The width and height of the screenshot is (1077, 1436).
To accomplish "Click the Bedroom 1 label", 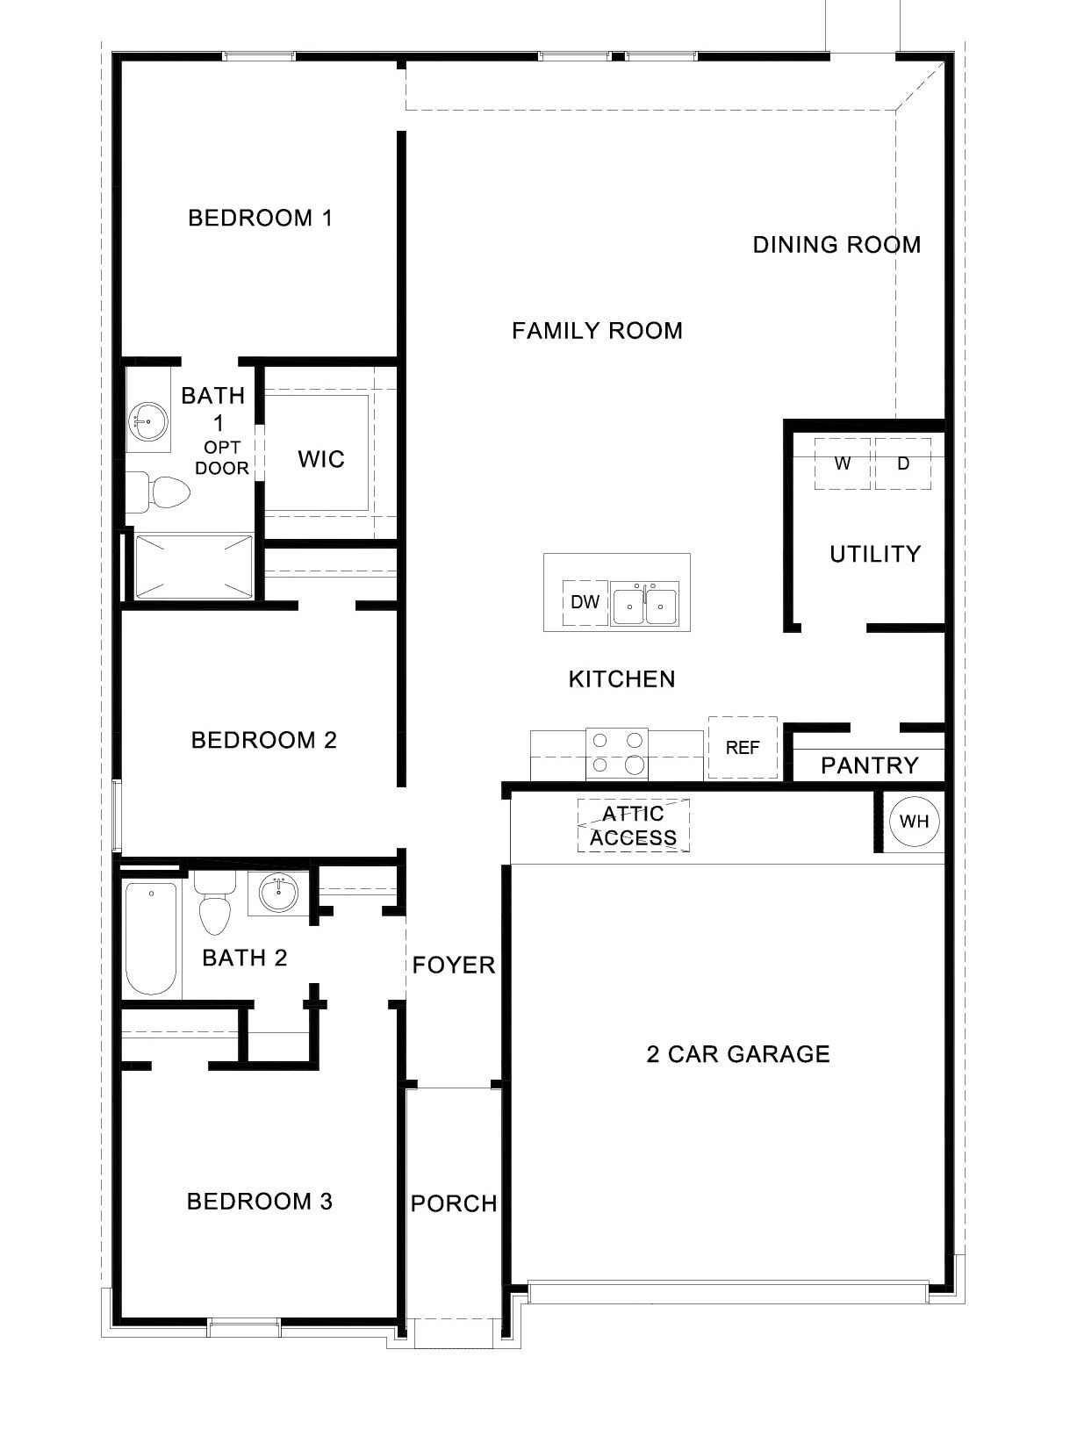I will [x=261, y=218].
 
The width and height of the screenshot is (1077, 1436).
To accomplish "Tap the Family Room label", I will [x=597, y=331].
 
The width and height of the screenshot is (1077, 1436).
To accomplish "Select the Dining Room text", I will [x=836, y=245].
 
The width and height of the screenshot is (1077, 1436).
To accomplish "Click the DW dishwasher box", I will [x=585, y=602].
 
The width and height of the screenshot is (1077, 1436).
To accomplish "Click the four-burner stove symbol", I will [x=617, y=753].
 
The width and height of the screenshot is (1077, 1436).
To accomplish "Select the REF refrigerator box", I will [x=743, y=748].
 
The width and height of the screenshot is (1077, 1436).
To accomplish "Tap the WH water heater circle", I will [x=915, y=822].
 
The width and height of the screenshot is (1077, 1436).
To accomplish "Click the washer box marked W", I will [x=843, y=463].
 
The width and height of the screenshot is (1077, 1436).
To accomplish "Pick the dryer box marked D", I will [x=903, y=463].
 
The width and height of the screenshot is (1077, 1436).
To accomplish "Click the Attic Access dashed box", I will [x=633, y=826].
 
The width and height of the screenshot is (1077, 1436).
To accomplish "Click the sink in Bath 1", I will [x=147, y=422].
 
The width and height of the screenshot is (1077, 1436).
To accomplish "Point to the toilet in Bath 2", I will [x=213, y=905].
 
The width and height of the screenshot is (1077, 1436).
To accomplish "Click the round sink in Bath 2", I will [x=279, y=894].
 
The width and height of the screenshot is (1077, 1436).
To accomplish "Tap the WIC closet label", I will [x=321, y=459].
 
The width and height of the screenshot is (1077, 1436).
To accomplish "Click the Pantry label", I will [x=869, y=765].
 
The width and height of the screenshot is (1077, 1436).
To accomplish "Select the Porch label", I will [x=454, y=1203].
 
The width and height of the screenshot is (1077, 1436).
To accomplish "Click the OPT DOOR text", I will [x=222, y=458].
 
